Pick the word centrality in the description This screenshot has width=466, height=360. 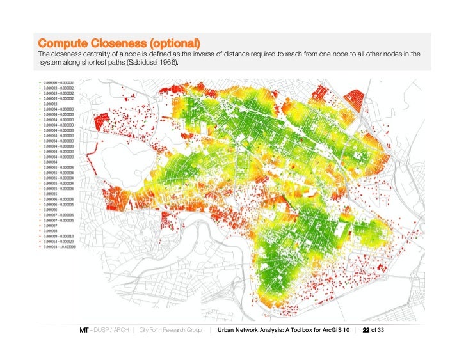pyautogui.click(x=82, y=54)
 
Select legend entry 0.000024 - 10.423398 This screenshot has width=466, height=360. pyautogui.click(x=60, y=246)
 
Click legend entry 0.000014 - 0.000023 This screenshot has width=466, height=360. pyautogui.click(x=58, y=241)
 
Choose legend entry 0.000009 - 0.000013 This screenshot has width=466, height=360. pyautogui.click(x=58, y=236)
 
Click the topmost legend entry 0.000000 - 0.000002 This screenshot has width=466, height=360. pyautogui.click(x=58, y=82)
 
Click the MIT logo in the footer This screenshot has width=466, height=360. pyautogui.click(x=83, y=330)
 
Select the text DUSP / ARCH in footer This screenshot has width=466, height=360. pyautogui.click(x=108, y=330)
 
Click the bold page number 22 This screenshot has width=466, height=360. pyautogui.click(x=366, y=330)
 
